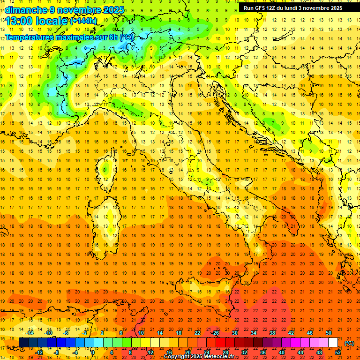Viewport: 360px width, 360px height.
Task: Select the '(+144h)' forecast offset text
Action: pyautogui.click(x=83, y=21)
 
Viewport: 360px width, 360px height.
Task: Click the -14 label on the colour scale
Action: pyautogui.click(x=30, y=333)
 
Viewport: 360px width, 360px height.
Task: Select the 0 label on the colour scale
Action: pyautogui.click(x=93, y=352)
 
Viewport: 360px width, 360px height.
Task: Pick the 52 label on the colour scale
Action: pyautogui.click(x=338, y=352)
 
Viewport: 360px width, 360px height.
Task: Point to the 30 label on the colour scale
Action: pyautogui.click(x=234, y=333)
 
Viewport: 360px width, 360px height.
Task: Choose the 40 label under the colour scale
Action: pyautogui.click(x=282, y=352)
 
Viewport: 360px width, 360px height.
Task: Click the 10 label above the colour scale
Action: pyautogui.click(x=141, y=333)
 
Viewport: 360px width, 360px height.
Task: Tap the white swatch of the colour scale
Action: pyautogui.click(x=333, y=343)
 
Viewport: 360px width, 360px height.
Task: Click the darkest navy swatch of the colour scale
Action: pyautogui.click(x=23, y=343)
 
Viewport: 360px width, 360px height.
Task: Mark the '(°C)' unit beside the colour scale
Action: pyautogui.click(x=349, y=343)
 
